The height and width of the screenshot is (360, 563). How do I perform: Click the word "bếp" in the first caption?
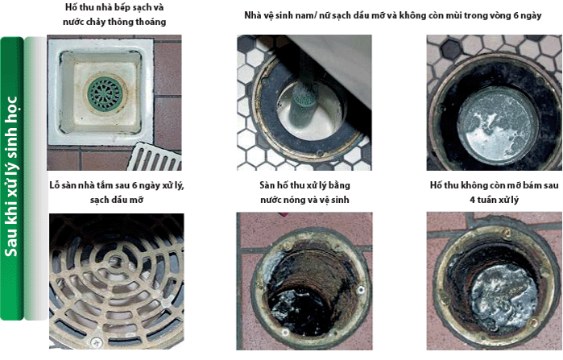pos(116,7)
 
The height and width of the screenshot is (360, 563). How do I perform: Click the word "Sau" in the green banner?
pos(10,243)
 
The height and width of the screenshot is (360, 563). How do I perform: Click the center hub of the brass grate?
pos(116,259)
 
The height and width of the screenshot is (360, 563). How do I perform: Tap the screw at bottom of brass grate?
pos(96,342)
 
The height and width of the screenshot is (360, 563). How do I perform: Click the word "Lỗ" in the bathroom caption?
pos(55,185)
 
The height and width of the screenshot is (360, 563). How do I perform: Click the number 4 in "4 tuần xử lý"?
pos(473,200)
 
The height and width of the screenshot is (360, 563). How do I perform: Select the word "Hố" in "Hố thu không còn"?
pos(436,185)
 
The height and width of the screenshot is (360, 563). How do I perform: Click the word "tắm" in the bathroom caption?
pos(106,185)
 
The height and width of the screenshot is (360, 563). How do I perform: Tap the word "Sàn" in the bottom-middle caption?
pos(266,185)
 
